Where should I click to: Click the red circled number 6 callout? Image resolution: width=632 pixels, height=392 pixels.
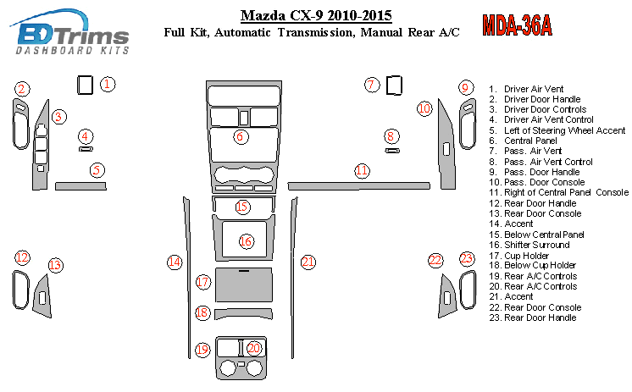pyautogui.click(x=241, y=136)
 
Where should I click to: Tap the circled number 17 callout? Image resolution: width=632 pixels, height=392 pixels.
pyautogui.click(x=203, y=282)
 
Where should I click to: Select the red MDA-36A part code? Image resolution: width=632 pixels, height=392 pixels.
pyautogui.click(x=517, y=25)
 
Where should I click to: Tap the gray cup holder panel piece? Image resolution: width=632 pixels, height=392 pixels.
pyautogui.click(x=244, y=284)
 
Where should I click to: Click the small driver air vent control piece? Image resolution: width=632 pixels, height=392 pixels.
pyautogui.click(x=86, y=149)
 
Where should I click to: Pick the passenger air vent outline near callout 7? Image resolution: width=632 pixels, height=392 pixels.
pyautogui.click(x=394, y=86)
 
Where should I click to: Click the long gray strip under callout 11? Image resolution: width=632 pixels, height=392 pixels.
pyautogui.click(x=358, y=186)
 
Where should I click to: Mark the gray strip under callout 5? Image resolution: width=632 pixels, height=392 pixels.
pyautogui.click(x=80, y=185)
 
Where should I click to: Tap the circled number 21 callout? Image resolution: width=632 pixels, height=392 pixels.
pyautogui.click(x=308, y=262)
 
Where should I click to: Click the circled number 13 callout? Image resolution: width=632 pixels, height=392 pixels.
pyautogui.click(x=56, y=266)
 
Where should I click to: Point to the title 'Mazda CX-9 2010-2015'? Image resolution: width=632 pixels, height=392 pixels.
pyautogui.click(x=316, y=16)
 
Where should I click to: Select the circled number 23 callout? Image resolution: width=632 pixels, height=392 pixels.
pyautogui.click(x=466, y=258)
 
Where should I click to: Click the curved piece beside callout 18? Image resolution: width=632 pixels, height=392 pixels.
pyautogui.click(x=243, y=313)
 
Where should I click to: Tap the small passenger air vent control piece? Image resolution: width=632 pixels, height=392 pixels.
pyautogui.click(x=392, y=151)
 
